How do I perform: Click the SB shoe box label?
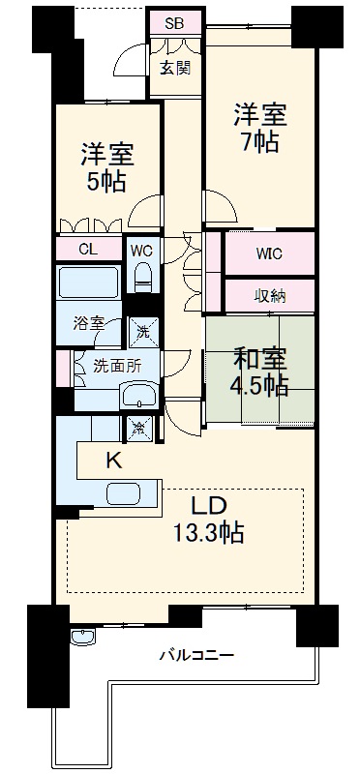point(174,22)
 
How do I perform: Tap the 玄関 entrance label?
point(174,67)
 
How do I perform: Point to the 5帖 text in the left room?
point(106,182)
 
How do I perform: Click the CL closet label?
point(88,249)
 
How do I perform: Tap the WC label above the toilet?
point(142,250)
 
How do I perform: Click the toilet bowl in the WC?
point(143,278)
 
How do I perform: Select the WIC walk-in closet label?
point(270,256)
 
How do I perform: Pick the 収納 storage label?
point(270,296)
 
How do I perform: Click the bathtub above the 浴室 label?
point(88,286)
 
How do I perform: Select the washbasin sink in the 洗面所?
point(141,396)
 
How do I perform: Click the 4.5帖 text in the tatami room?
point(259,386)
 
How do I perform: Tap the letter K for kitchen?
point(112,461)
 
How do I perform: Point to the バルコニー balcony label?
point(195,655)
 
